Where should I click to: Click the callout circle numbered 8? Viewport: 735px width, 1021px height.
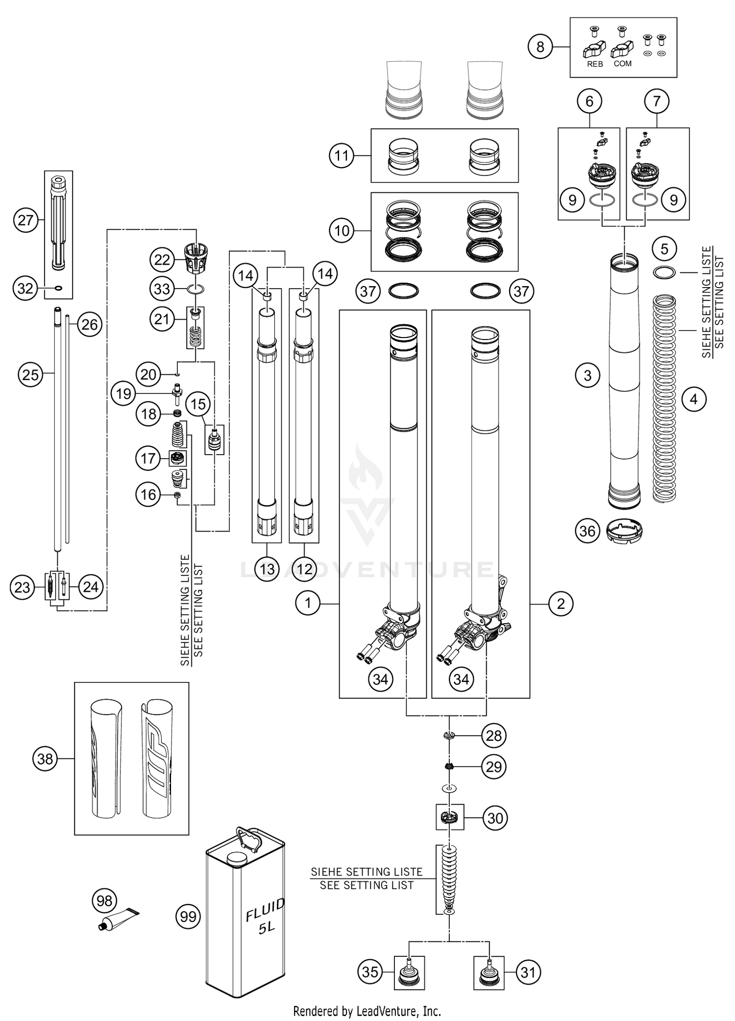tap(540, 47)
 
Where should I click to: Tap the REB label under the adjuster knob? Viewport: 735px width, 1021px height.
tap(594, 64)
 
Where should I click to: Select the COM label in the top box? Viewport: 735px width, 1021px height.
tap(622, 64)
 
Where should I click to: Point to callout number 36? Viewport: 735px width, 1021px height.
tap(587, 531)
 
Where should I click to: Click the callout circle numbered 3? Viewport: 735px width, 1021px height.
tap(588, 376)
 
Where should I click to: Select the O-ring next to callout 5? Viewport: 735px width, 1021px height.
tap(664, 272)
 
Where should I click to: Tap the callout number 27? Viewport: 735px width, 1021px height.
tap(25, 220)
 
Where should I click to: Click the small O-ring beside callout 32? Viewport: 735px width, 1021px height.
tap(58, 288)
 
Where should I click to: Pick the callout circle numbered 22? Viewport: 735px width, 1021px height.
tap(162, 260)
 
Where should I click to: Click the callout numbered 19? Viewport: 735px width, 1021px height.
tap(123, 393)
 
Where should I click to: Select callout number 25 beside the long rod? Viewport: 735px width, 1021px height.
tap(30, 375)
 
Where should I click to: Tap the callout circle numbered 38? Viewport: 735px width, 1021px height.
tap(45, 759)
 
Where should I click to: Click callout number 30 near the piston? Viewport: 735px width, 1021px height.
tap(495, 818)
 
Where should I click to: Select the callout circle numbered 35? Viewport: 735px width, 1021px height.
tap(370, 972)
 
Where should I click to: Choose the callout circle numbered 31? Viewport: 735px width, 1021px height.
tap(528, 972)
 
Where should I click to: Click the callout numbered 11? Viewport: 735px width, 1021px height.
tap(342, 156)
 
